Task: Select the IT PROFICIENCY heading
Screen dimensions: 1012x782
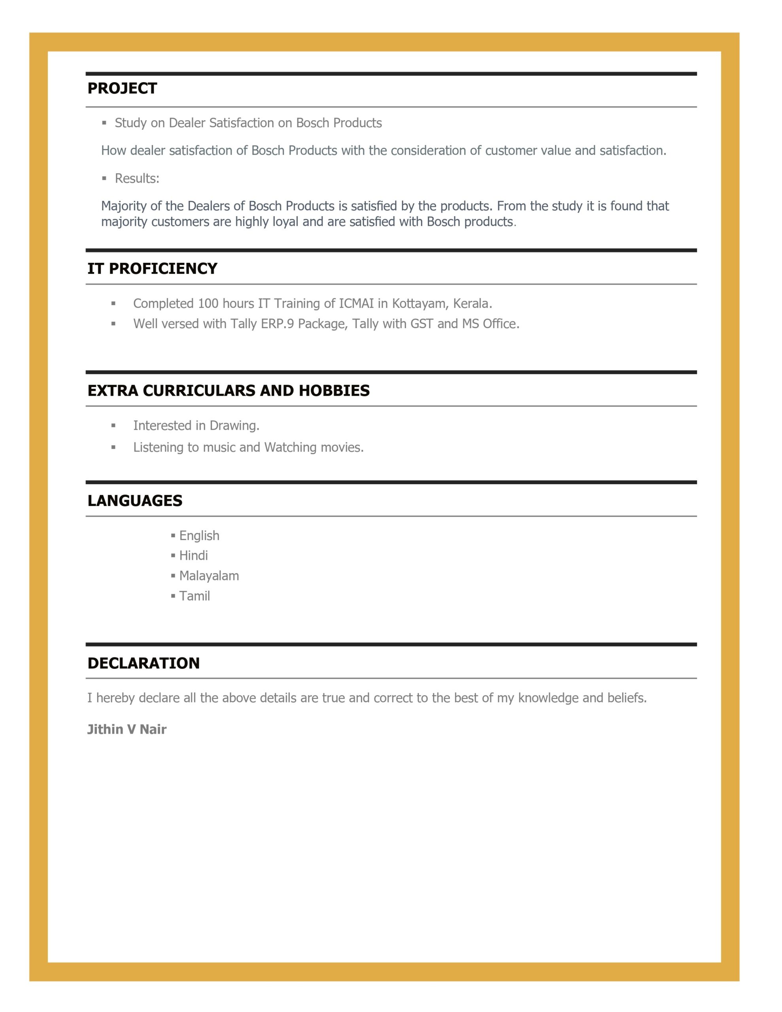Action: click(x=152, y=269)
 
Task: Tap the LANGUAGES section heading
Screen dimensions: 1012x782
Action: click(x=135, y=501)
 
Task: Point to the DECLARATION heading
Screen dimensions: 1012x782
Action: click(x=143, y=663)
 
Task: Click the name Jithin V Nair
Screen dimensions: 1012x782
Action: click(x=127, y=729)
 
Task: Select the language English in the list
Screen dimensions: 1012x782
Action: click(x=199, y=536)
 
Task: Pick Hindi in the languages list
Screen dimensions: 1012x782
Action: click(x=193, y=555)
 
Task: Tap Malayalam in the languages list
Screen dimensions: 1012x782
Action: click(x=209, y=576)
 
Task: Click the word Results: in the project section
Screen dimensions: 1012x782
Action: click(x=137, y=178)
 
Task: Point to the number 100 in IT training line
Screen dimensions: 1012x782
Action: click(x=208, y=304)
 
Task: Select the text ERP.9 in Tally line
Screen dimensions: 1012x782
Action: click(x=277, y=324)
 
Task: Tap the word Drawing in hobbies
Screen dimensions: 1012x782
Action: click(x=234, y=425)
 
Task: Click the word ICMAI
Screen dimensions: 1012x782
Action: click(x=356, y=304)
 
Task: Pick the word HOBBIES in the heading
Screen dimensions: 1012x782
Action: click(x=334, y=391)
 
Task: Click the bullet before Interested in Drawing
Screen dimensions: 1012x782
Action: click(x=113, y=425)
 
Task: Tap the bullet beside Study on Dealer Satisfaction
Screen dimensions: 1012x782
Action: click(x=104, y=123)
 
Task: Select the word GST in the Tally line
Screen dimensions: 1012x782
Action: click(x=421, y=324)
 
